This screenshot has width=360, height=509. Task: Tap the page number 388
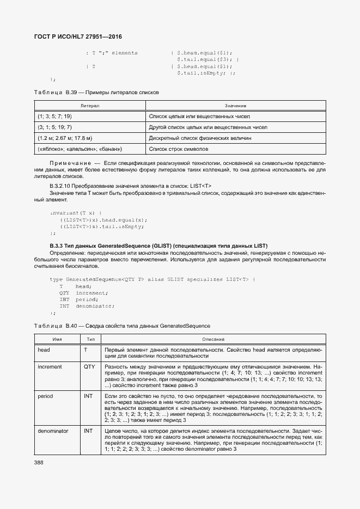pos(39,462)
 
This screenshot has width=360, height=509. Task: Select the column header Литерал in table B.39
pos(89,105)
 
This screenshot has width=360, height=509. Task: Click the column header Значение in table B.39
pos(235,105)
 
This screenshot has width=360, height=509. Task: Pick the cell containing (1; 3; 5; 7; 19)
pos(55,116)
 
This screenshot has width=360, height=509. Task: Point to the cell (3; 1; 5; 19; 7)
pos(55,127)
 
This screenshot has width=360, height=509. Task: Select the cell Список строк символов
pos(178,149)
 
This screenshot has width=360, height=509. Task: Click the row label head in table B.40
pos(44,350)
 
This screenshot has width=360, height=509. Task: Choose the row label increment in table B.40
pos(50,367)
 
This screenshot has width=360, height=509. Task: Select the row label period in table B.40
pos(45,396)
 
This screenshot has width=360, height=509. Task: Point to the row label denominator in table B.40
pos(53,431)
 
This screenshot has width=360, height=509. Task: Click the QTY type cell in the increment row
pos(89,367)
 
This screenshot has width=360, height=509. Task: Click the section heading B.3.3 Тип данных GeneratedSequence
pos(158,246)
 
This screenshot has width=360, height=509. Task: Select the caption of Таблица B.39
pos(96,93)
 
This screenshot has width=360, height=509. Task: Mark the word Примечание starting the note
pos(70,163)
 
